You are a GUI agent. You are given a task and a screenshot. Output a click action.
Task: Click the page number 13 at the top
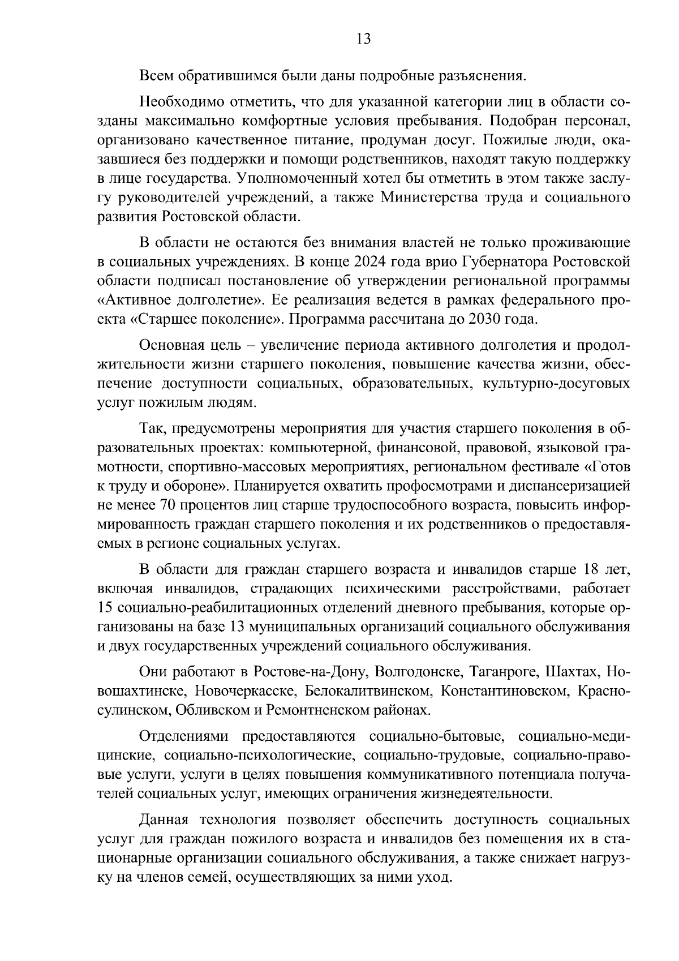363,39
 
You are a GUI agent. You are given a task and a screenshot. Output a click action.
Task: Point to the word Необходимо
179,102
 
